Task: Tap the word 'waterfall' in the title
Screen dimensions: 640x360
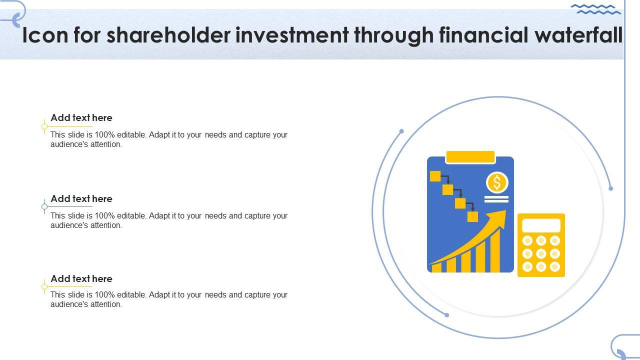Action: (x=578, y=35)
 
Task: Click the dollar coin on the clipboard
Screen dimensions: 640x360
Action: (x=497, y=182)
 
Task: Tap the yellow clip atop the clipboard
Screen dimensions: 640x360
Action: (x=470, y=157)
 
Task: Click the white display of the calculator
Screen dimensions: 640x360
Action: (x=541, y=225)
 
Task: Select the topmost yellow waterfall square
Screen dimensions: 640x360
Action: (x=435, y=176)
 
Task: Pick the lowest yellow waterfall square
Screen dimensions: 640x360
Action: (x=472, y=216)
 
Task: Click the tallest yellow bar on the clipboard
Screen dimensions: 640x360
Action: (x=495, y=250)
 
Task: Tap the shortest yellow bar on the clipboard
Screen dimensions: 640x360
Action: (x=436, y=267)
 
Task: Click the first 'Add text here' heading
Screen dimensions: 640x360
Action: (x=81, y=117)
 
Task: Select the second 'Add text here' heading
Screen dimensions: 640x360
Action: (x=81, y=199)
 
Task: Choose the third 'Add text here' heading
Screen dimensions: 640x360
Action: (x=81, y=279)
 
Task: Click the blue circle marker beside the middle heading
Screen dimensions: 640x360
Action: (x=44, y=206)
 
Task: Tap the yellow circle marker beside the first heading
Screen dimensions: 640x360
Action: (x=44, y=126)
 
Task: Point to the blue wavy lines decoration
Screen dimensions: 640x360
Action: (x=595, y=9)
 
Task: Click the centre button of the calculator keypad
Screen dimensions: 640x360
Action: (x=541, y=253)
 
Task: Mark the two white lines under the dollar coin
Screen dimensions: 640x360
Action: (x=496, y=199)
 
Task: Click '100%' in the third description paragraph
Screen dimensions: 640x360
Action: (x=104, y=294)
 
